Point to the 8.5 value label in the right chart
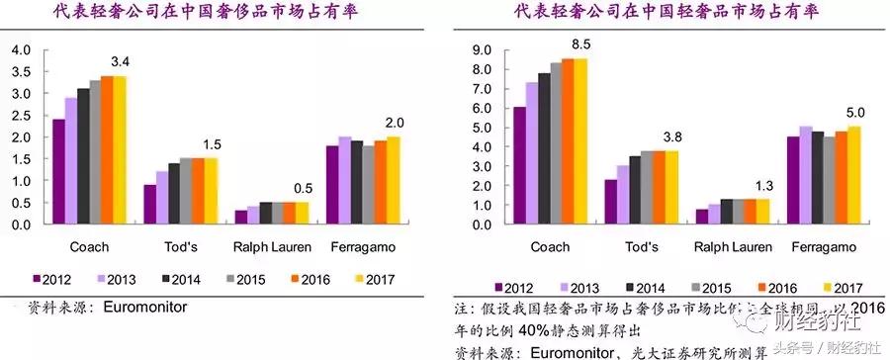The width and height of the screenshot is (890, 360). [x=581, y=45]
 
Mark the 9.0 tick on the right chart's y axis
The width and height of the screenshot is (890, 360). [x=482, y=49]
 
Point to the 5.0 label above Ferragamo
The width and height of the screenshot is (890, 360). [x=856, y=113]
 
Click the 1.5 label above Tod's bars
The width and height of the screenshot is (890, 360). [x=211, y=145]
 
